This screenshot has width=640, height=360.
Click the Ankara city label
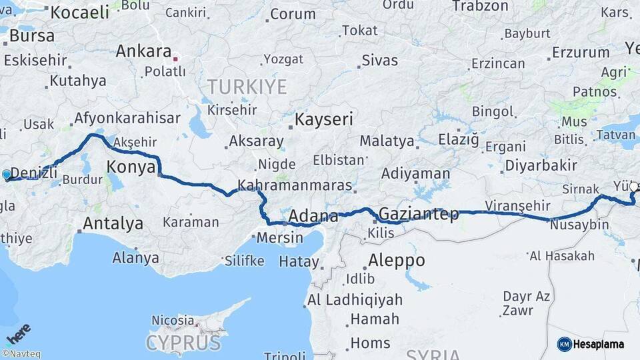(143, 51)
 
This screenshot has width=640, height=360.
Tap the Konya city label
(131, 167)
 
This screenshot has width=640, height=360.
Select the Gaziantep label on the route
(419, 214)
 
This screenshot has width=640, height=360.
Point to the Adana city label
(313, 216)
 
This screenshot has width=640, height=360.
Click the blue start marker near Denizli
(7, 175)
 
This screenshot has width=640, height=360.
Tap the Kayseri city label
(324, 119)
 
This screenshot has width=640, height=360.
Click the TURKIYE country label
(247, 87)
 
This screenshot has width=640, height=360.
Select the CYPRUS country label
(183, 343)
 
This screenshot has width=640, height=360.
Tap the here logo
(18, 333)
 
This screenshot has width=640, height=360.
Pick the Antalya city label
(112, 223)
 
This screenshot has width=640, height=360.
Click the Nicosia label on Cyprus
(173, 321)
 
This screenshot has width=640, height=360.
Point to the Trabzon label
(480, 6)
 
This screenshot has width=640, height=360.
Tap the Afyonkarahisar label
(127, 118)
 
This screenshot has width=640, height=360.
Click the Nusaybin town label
(580, 225)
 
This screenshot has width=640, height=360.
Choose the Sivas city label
(379, 60)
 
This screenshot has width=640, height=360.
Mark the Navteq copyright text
(21, 354)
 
